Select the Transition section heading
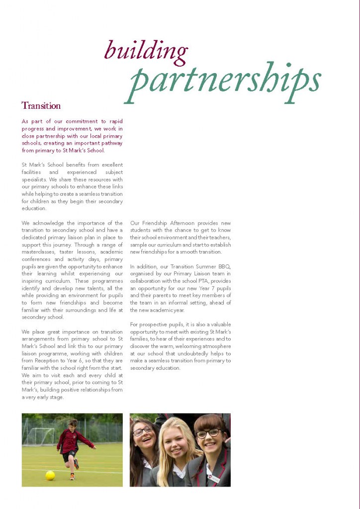point(41,106)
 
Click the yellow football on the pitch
point(50,475)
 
